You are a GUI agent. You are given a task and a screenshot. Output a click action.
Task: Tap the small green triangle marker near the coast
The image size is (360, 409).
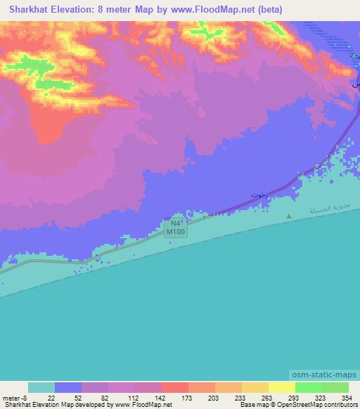tap(289, 216)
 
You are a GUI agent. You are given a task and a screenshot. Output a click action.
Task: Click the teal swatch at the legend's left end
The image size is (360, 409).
tap(41, 387)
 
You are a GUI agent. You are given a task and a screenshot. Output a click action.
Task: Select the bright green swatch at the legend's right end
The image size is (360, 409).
tap(335, 387)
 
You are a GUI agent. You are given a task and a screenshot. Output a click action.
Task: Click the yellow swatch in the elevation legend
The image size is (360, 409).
tap(281, 387)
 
